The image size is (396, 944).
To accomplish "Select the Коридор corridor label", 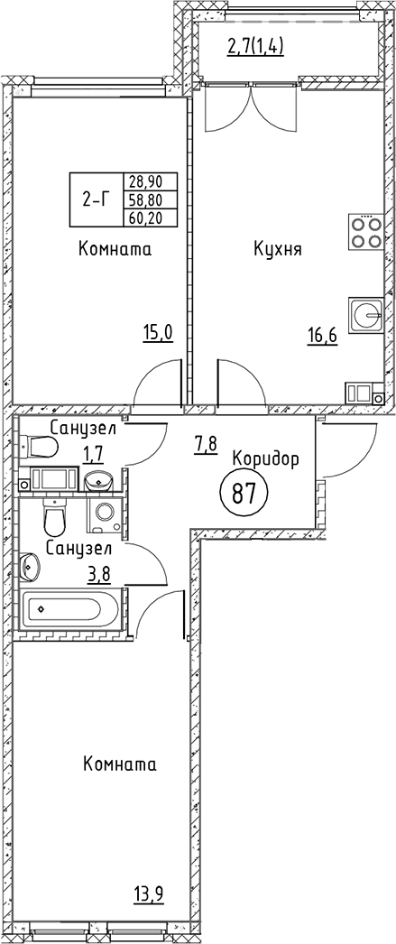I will [265, 458].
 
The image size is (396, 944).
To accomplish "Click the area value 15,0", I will [157, 332].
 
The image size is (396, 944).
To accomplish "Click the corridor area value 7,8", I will [206, 443].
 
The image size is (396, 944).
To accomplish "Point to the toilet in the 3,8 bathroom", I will [55, 519].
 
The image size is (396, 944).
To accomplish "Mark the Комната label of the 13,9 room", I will [119, 765].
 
